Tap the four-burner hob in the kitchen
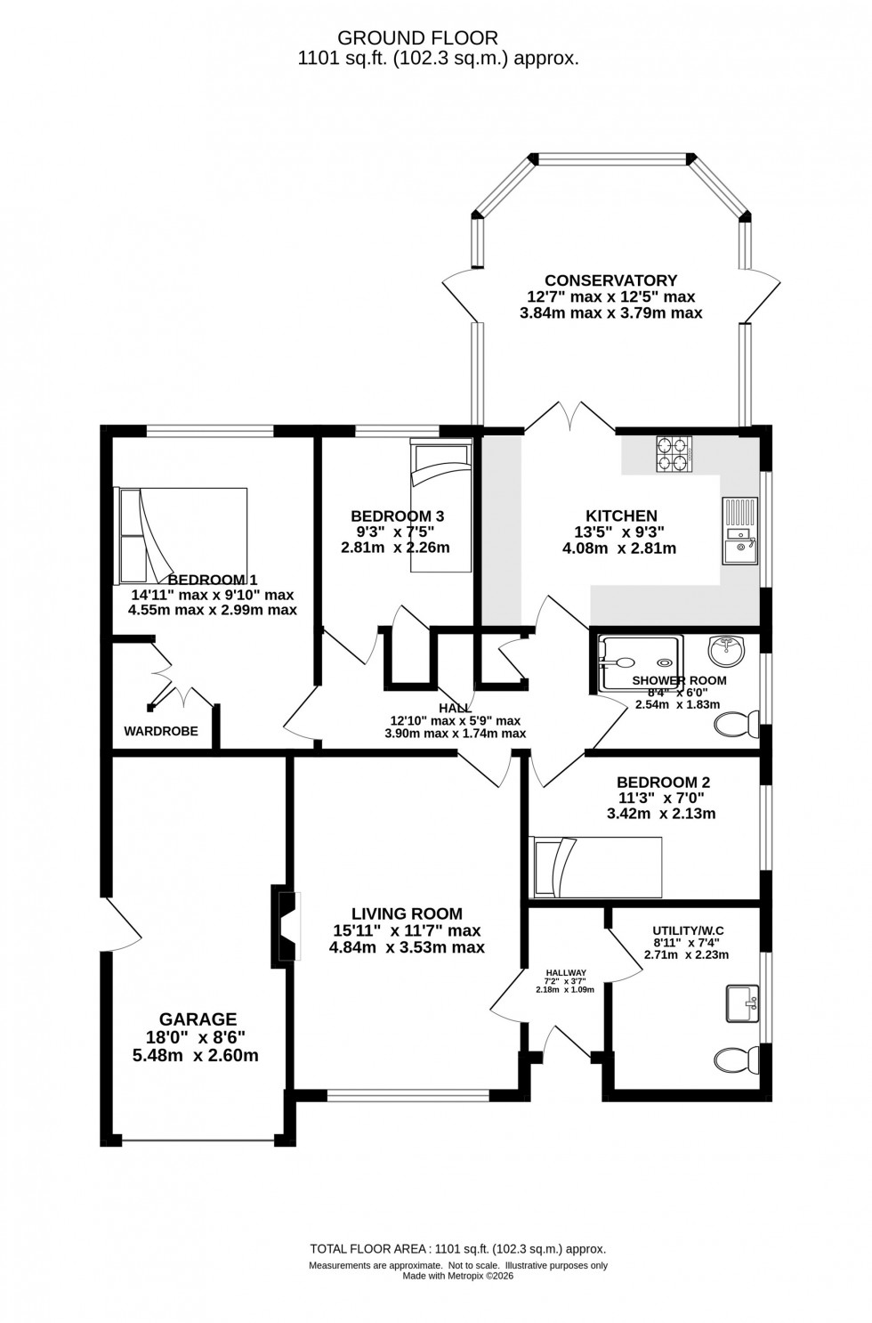674,455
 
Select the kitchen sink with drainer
739,531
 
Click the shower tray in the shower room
640,663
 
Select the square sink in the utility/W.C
742,1003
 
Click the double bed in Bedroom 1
182,532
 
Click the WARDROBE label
161,731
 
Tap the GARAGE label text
198,1019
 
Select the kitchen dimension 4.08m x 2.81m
618,548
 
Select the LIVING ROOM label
407,913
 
